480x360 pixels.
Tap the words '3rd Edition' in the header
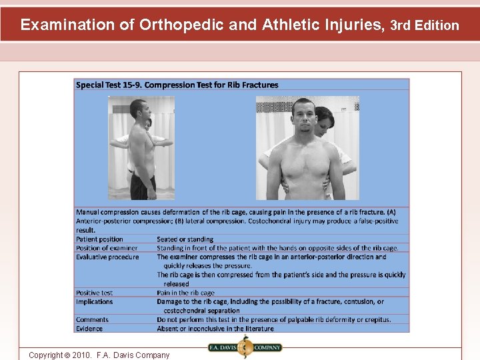(x=425, y=26)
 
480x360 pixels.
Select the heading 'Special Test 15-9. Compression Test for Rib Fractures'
(x=177, y=85)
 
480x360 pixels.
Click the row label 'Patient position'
(x=99, y=239)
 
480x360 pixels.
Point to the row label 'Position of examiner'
(x=107, y=248)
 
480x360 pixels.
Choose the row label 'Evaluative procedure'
(x=107, y=257)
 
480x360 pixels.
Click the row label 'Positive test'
(x=94, y=293)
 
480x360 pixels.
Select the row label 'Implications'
(x=94, y=301)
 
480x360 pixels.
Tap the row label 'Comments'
(x=92, y=319)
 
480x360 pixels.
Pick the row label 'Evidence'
(x=89, y=328)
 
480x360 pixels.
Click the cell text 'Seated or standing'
(x=185, y=239)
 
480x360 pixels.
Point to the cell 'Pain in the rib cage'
(x=186, y=293)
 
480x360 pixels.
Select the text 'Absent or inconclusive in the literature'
(x=215, y=328)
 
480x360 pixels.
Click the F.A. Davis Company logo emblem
(x=244, y=347)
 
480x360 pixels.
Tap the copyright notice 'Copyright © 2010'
(x=99, y=355)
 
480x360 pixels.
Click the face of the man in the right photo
(x=303, y=118)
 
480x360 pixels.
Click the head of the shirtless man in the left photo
(x=139, y=109)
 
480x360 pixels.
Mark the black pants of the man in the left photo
(x=143, y=187)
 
